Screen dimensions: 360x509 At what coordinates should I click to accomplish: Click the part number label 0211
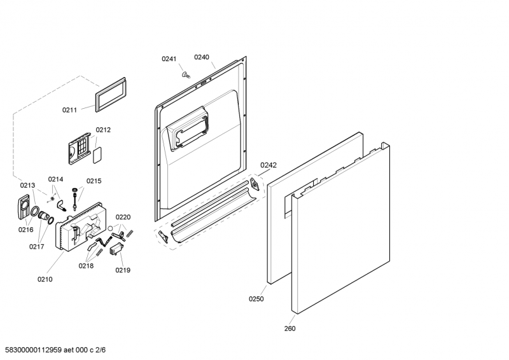[69, 110]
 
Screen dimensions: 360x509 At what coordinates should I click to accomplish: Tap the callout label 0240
[202, 57]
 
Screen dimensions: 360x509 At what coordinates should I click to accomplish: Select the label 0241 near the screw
[169, 59]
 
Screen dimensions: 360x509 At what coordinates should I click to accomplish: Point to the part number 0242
[268, 165]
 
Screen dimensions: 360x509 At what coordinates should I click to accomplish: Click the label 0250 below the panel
[256, 298]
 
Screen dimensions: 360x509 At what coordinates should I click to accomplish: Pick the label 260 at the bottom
[289, 329]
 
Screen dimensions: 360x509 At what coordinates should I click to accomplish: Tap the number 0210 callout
[45, 279]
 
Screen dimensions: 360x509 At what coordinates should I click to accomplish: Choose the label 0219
[123, 270]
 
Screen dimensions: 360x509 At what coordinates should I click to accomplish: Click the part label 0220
[123, 217]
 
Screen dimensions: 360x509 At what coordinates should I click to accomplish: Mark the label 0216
[25, 230]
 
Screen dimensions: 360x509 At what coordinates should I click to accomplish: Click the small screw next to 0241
[185, 74]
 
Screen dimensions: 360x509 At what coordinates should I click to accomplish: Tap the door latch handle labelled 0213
[23, 209]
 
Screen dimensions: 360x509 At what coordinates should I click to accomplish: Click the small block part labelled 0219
[115, 252]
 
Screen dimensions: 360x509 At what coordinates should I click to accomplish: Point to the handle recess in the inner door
[186, 128]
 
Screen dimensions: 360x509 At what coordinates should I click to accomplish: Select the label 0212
[104, 130]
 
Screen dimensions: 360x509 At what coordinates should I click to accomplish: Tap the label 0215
[94, 181]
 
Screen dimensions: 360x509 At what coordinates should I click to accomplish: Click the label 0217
[36, 247]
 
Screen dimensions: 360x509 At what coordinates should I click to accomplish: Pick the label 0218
[86, 266]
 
